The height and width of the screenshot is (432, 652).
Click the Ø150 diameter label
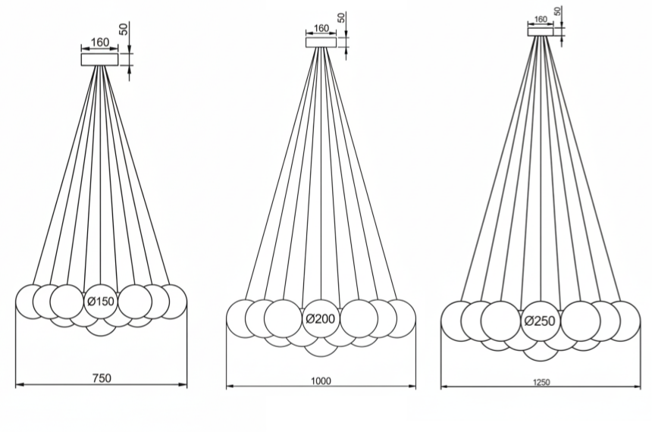(101, 302)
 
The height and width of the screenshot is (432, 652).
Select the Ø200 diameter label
(321, 319)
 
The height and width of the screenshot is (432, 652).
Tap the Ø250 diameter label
(540, 321)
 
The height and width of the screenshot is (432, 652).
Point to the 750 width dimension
(101, 378)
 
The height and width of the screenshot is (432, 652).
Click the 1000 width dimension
(321, 380)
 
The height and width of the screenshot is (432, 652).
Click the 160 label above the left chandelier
(100, 41)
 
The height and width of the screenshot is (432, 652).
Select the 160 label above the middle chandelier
(321, 28)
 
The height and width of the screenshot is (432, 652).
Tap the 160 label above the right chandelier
(541, 20)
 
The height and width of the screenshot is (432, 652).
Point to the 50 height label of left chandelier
(124, 30)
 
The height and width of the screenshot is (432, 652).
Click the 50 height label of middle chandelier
(342, 17)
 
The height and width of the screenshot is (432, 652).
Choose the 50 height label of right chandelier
(558, 11)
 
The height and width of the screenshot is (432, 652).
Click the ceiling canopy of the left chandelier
(100, 58)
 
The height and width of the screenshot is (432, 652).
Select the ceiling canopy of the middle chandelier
(321, 42)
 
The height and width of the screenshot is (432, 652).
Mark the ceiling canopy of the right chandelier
(541, 30)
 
